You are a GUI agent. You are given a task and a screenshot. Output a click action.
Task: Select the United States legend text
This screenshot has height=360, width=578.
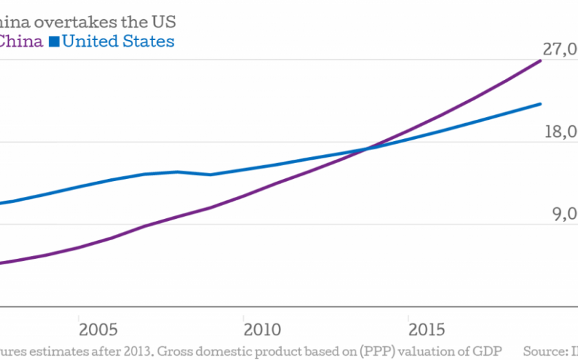click(118, 41)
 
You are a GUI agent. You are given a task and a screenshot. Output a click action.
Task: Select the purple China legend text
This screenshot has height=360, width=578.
click(21, 41)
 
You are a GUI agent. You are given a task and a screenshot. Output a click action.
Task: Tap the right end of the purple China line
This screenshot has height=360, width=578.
click(541, 61)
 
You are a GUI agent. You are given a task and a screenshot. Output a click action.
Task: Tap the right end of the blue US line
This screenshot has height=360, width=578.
click(541, 104)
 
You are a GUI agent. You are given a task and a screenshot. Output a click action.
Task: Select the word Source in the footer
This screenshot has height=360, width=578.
click(542, 349)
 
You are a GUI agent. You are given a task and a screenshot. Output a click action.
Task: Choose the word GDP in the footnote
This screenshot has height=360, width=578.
click(486, 349)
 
